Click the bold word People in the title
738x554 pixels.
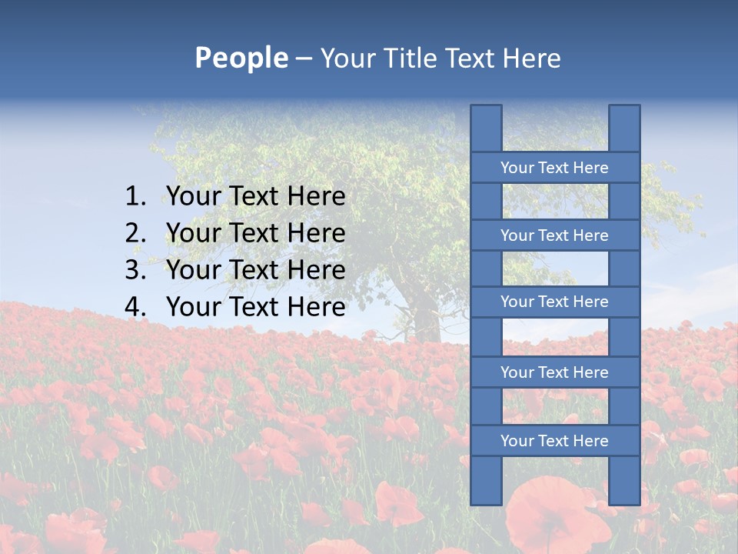241,58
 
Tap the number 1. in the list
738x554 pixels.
135,197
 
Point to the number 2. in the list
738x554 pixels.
135,233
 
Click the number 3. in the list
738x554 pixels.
135,270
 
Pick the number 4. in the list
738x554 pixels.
135,307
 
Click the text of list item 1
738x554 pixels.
256,197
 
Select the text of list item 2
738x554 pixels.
256,233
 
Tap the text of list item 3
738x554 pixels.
256,270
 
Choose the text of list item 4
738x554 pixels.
256,307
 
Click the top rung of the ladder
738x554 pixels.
554,168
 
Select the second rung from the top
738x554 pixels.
554,235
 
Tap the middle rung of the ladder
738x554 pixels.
554,302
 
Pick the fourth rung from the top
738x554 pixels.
554,372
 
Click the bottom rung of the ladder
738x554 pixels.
554,441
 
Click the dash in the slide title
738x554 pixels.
304,58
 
